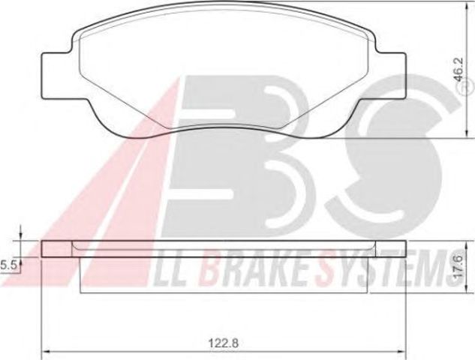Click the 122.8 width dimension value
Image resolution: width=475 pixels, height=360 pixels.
tap(224, 343)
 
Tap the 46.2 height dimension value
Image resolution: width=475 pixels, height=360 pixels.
tap(458, 70)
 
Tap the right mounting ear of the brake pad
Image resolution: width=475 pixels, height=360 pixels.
tap(390, 76)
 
